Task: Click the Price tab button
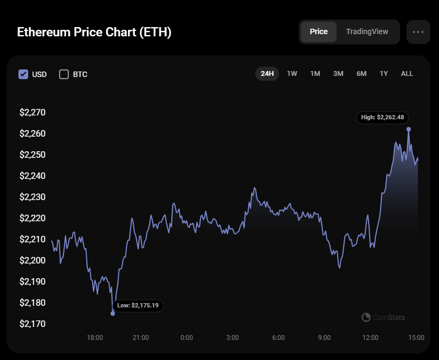(318, 32)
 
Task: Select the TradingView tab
(367, 32)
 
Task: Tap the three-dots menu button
(418, 32)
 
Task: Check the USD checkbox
(23, 74)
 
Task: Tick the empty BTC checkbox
(64, 74)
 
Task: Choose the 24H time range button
(267, 74)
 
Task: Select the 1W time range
(292, 74)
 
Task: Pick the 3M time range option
(338, 74)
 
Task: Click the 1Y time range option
(384, 74)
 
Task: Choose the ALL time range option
(406, 74)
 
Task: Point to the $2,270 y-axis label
(33, 113)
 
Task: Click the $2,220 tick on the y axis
(33, 218)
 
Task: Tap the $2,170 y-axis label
(33, 324)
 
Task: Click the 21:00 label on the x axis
(141, 338)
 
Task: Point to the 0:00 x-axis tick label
(186, 338)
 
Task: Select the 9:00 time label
(324, 338)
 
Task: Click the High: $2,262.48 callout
(383, 117)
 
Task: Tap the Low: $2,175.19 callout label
(138, 306)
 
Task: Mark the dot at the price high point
(409, 129)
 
